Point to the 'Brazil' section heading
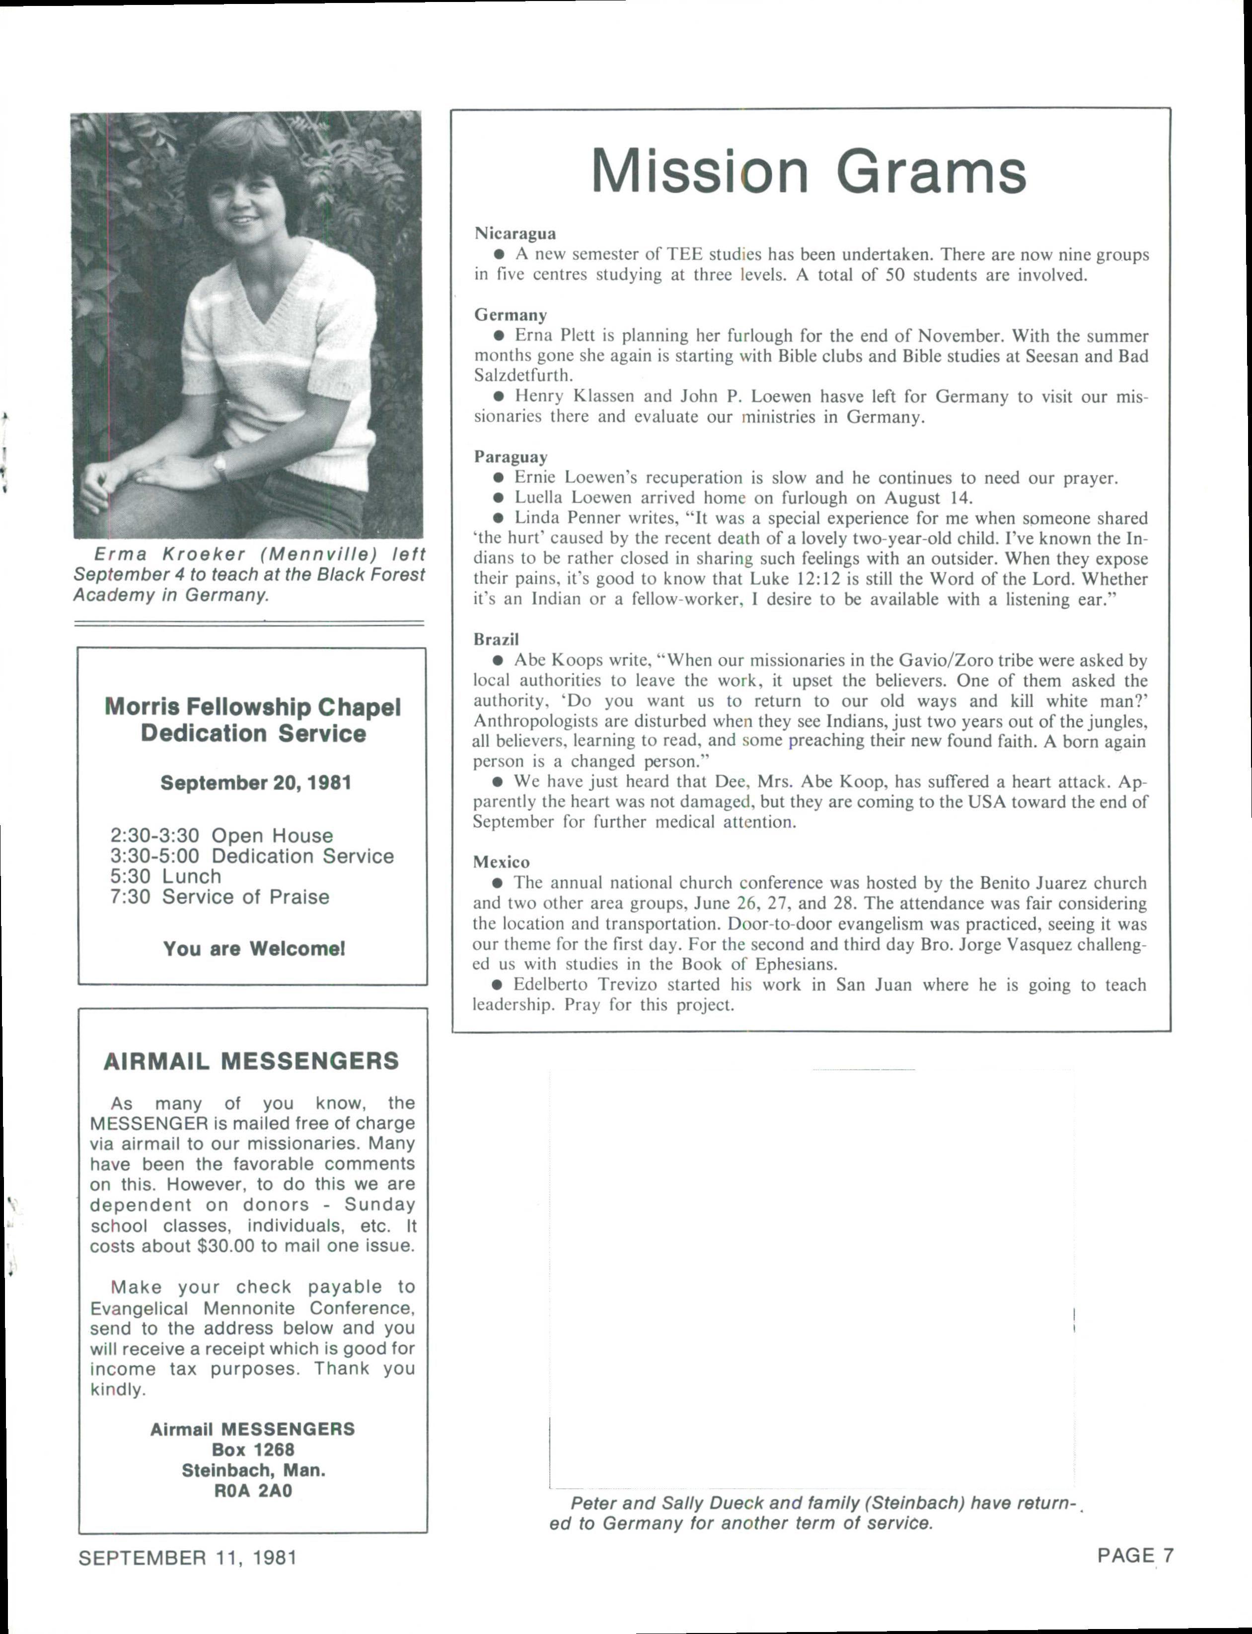coord(496,639)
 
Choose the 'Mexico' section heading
coord(501,862)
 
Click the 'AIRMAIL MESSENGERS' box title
coord(251,1061)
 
